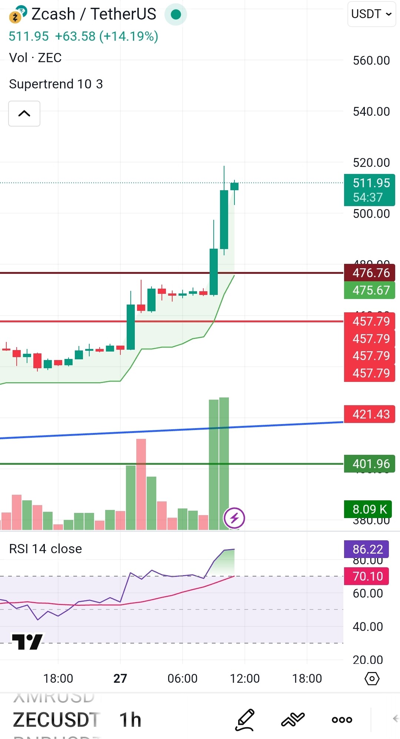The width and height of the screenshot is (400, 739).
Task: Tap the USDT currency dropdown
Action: tap(371, 14)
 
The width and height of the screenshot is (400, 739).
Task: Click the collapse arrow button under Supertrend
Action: tap(24, 114)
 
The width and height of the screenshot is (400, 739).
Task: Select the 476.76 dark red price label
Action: tap(370, 273)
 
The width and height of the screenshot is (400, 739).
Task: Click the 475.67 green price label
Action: tap(370, 290)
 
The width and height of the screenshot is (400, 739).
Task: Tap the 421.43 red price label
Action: tap(370, 414)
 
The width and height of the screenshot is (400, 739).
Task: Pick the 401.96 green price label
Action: tap(370, 464)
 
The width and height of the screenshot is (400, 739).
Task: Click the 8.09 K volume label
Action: tap(370, 509)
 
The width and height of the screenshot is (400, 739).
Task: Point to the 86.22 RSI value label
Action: tap(367, 549)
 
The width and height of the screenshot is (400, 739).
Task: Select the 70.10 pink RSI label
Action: tap(367, 576)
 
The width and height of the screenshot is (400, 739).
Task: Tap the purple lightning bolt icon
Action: tap(234, 518)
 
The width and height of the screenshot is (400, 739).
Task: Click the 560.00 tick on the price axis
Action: tap(371, 60)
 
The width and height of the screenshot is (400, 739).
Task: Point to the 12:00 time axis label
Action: tap(244, 678)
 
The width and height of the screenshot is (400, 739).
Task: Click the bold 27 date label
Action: tap(120, 678)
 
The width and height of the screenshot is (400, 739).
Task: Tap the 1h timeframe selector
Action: tap(130, 720)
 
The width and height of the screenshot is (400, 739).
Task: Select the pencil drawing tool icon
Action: tap(245, 720)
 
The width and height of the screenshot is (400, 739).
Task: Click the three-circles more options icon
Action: tap(342, 720)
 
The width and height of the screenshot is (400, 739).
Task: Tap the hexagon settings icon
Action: tap(372, 679)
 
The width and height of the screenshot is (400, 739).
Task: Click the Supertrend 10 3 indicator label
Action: tap(56, 84)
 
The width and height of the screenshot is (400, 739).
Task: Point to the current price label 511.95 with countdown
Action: tap(370, 190)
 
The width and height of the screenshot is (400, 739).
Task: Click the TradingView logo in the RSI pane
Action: tap(27, 642)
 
